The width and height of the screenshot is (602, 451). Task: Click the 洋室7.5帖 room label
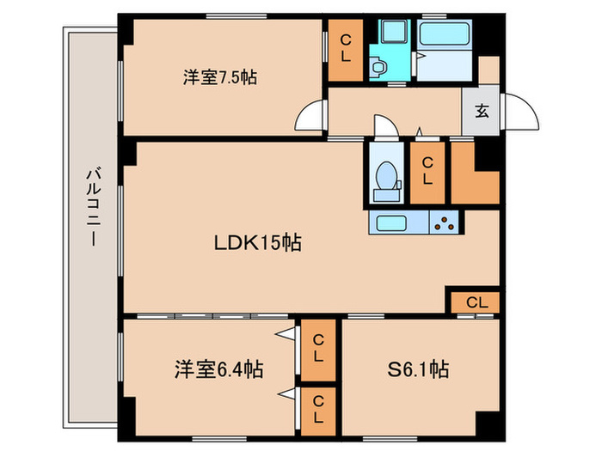pyautogui.click(x=219, y=77)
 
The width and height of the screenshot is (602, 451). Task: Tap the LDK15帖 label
pyautogui.click(x=257, y=243)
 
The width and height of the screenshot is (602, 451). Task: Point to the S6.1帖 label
pyautogui.click(x=417, y=371)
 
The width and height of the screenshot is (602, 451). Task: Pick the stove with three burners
pyautogui.click(x=445, y=223)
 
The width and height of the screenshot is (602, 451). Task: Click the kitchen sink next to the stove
pyautogui.click(x=398, y=223)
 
